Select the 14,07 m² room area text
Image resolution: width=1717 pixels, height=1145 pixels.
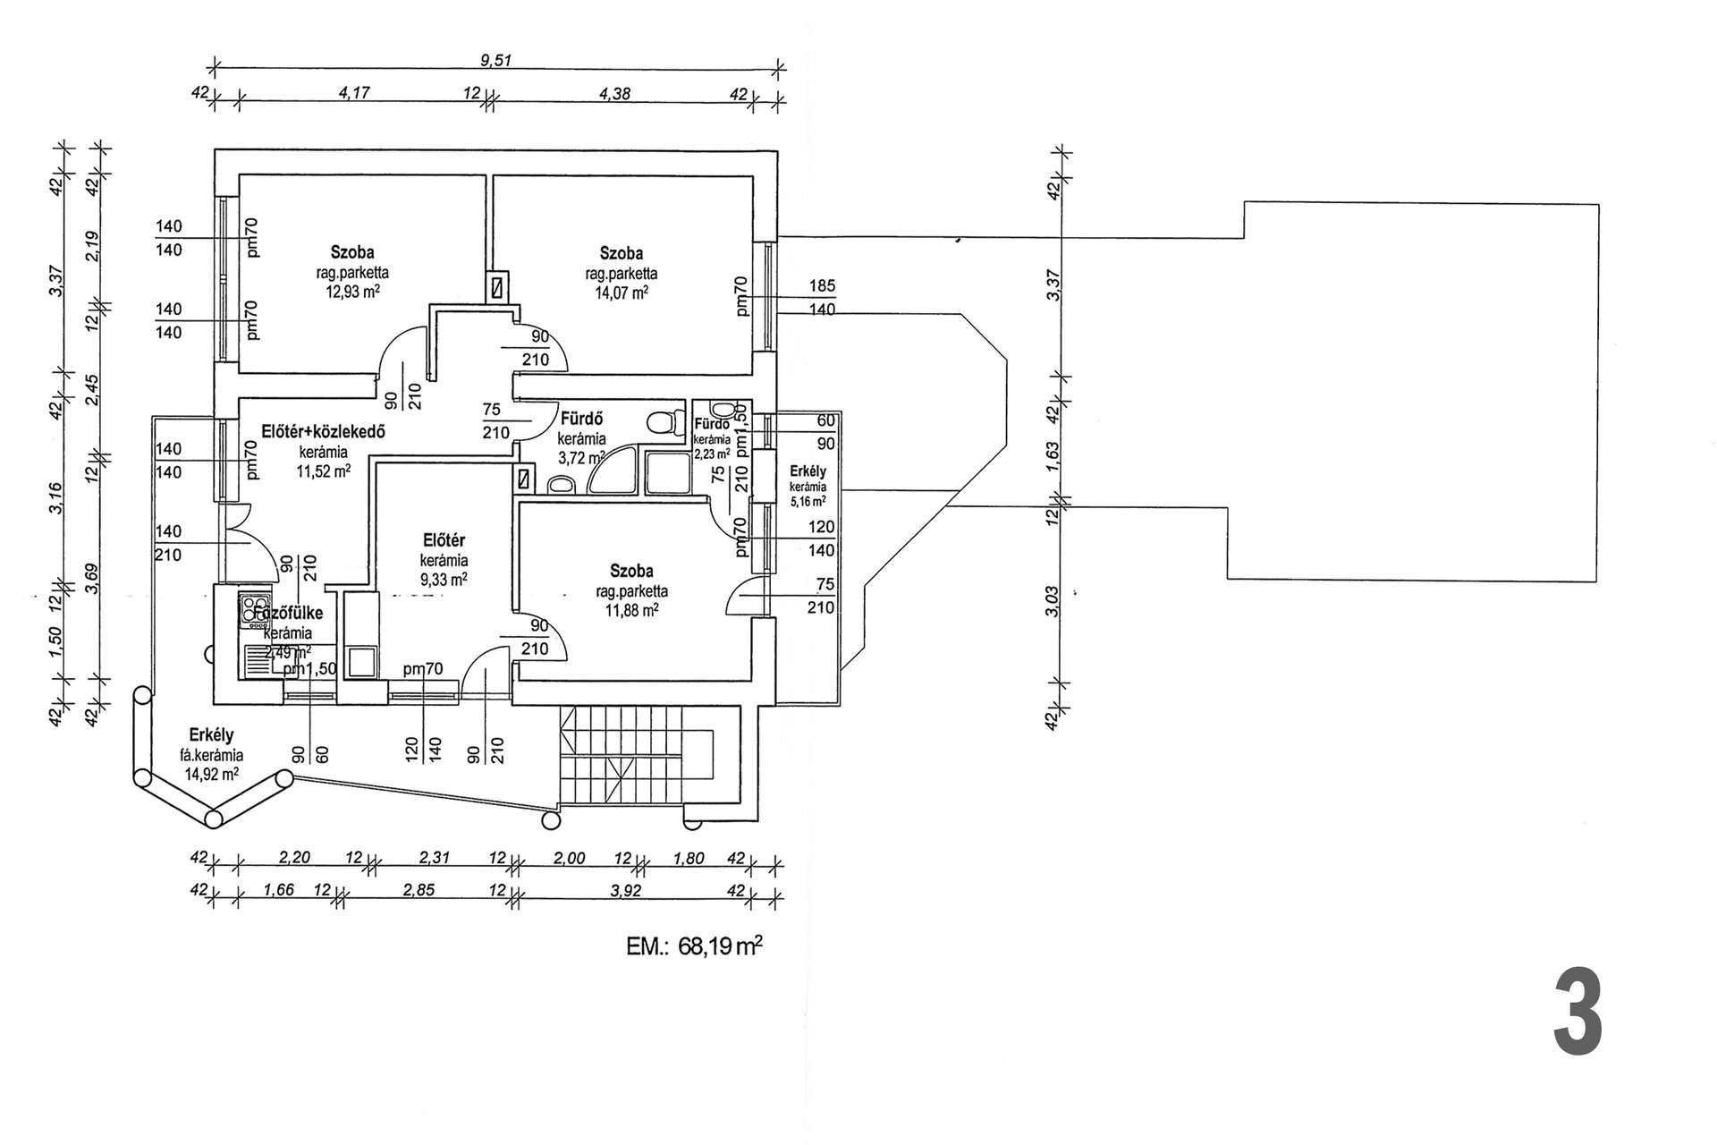pos(622,292)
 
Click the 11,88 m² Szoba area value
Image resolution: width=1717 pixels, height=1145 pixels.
pos(631,610)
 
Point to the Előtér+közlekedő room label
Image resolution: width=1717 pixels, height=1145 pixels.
pos(323,431)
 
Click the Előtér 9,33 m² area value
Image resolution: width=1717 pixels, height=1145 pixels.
pos(444,580)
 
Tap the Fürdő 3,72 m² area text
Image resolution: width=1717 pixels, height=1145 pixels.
pos(581,458)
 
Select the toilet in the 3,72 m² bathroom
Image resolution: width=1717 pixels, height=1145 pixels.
pos(662,422)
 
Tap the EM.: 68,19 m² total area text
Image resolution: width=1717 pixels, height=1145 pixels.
pos(694,946)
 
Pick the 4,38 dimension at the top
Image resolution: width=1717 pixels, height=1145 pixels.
pos(615,92)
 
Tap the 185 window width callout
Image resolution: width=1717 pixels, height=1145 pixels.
pos(822,286)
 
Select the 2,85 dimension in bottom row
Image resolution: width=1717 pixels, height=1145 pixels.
pos(419,890)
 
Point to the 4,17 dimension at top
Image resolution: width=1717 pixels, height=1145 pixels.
pos(355,92)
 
